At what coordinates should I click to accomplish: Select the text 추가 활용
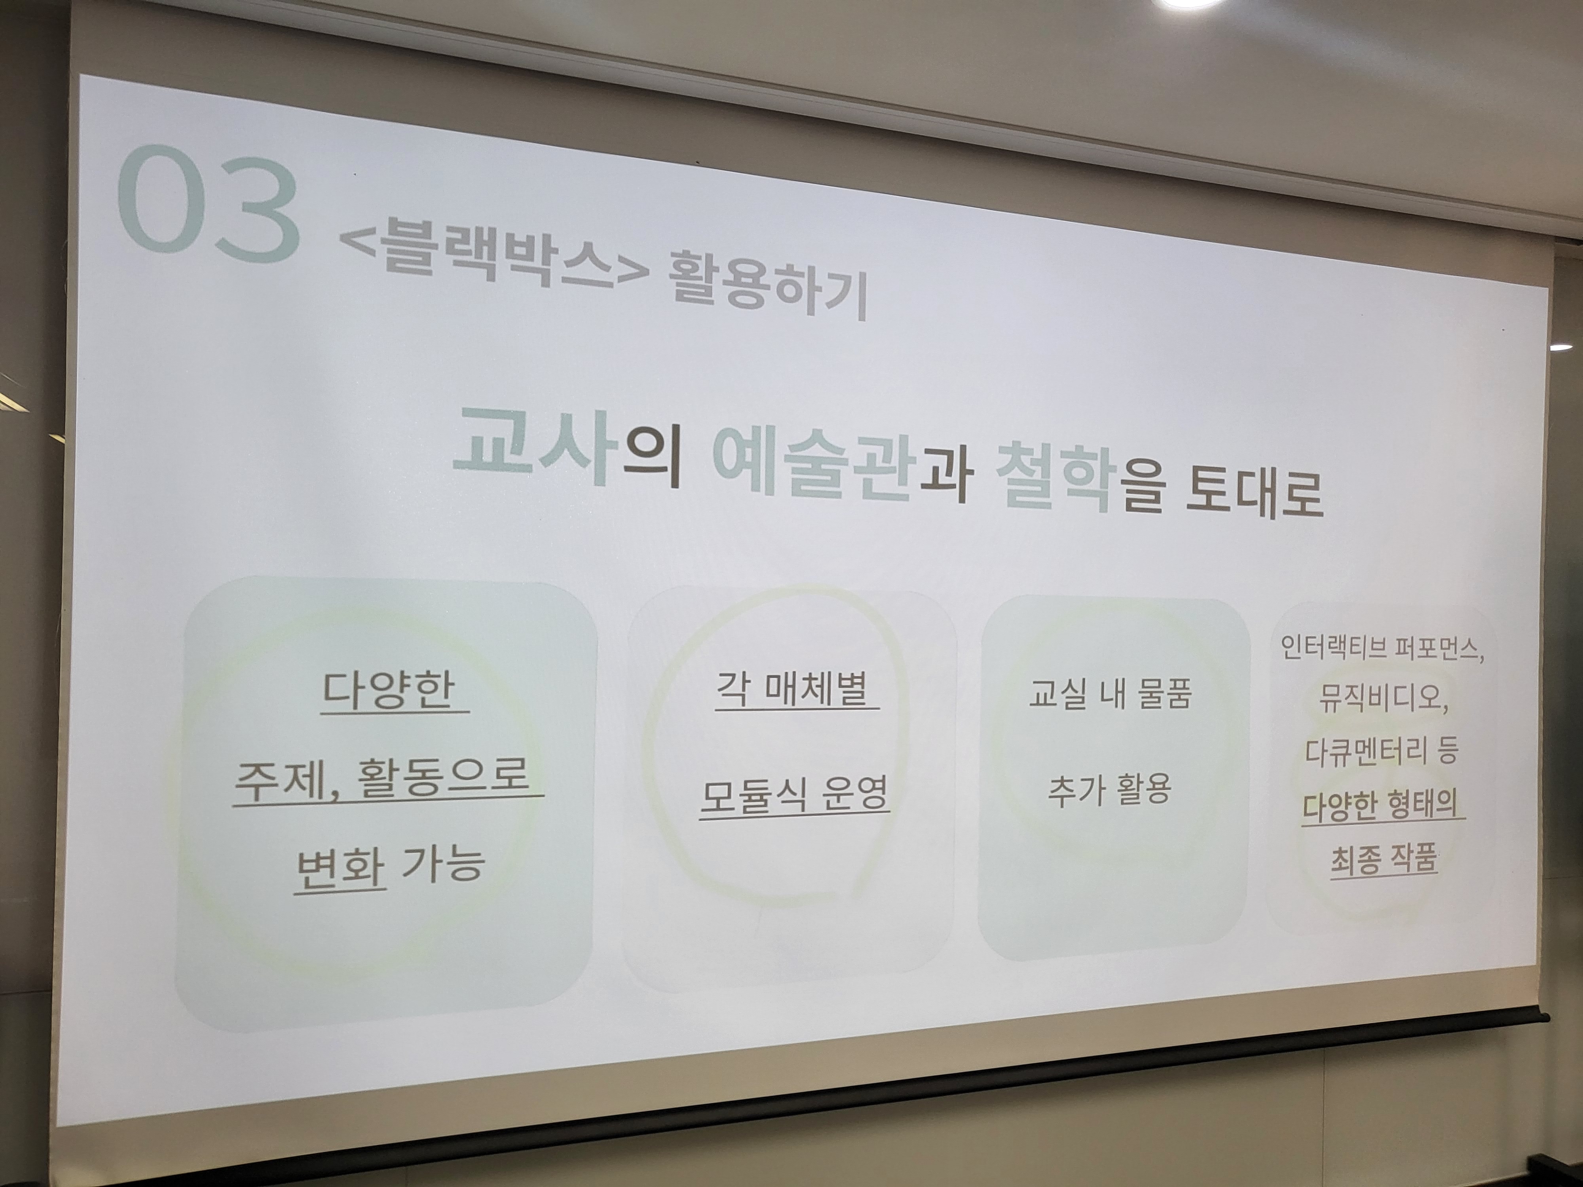click(1110, 789)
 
